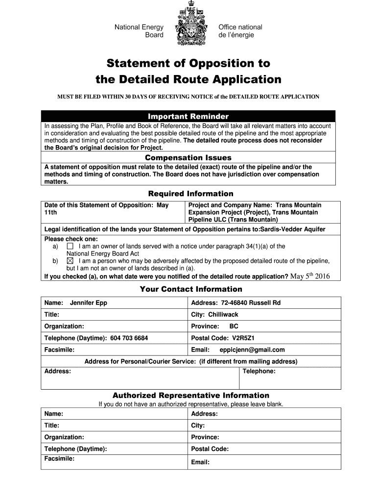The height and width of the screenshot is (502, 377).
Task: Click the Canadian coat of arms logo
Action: (x=191, y=24)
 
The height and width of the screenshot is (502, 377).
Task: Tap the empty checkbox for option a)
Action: (x=70, y=246)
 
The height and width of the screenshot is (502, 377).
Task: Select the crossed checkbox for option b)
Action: (x=70, y=261)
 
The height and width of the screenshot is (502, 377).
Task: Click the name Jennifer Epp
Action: (x=89, y=303)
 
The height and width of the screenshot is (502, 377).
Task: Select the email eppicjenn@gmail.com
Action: (x=252, y=350)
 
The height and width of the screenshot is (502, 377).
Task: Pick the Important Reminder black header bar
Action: (x=188, y=116)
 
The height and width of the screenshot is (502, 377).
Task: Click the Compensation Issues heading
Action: (x=188, y=158)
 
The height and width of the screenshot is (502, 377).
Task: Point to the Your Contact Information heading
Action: (x=191, y=289)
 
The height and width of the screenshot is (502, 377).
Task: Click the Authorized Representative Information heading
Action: (x=191, y=395)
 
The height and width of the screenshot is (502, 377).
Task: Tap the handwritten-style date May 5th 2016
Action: (x=310, y=276)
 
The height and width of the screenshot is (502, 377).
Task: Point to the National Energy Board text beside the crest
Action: (x=139, y=31)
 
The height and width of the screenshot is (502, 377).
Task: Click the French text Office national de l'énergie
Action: (x=240, y=31)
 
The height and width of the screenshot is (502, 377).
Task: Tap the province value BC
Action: (x=234, y=326)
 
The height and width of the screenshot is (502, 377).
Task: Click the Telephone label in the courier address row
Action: (x=259, y=372)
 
